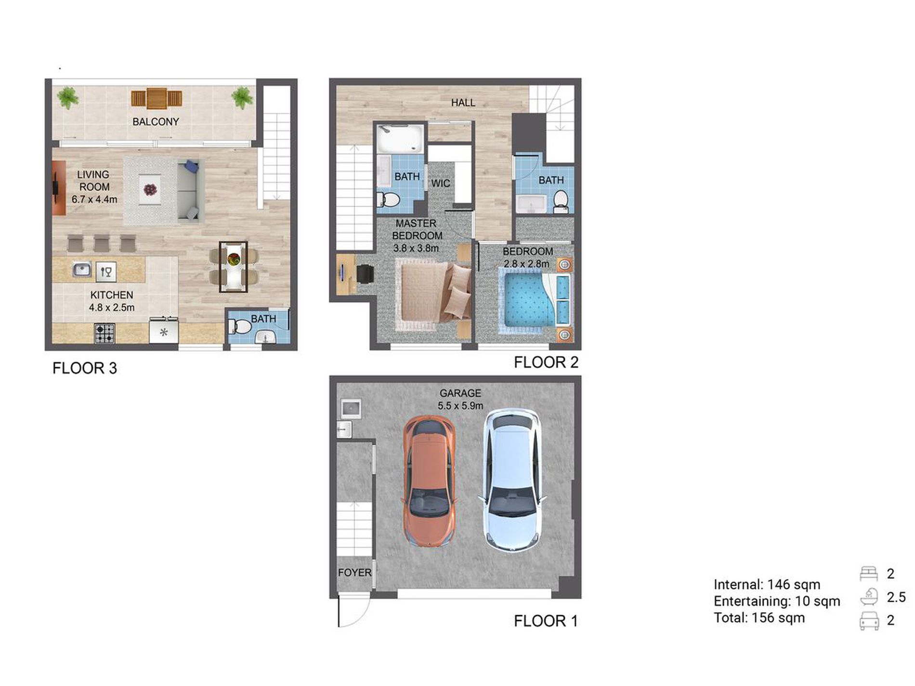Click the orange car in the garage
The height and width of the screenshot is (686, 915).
(x=429, y=481)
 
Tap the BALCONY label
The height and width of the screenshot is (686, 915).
(x=156, y=122)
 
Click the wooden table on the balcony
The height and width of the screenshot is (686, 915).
(x=157, y=98)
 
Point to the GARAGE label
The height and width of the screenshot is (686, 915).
(x=460, y=393)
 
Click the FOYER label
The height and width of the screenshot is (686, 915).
(x=355, y=572)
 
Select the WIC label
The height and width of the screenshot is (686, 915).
(x=441, y=183)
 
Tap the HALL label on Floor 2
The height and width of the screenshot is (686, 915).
(x=463, y=103)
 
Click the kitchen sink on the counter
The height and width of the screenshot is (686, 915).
(x=82, y=269)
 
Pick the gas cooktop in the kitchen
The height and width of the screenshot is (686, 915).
(x=105, y=333)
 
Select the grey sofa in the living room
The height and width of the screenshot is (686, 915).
(x=188, y=191)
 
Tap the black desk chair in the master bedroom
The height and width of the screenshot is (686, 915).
(x=366, y=273)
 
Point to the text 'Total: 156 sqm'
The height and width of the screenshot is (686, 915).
(x=759, y=618)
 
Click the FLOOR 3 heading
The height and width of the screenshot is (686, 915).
(x=85, y=368)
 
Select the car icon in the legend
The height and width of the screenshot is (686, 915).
(x=869, y=621)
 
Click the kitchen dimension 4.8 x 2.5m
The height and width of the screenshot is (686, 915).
(x=112, y=308)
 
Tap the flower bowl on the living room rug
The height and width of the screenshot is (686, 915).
(x=150, y=190)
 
